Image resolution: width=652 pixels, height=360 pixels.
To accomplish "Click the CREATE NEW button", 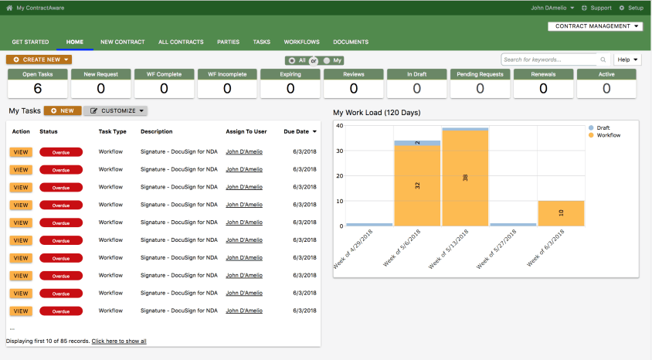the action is point(39,59).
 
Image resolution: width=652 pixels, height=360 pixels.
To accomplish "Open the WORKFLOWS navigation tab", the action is point(301,42).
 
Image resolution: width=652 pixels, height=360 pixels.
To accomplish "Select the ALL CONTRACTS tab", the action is point(181,42).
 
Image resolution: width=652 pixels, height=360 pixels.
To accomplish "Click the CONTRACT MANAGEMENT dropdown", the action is point(595,26).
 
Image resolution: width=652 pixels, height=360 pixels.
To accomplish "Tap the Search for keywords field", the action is point(550,59).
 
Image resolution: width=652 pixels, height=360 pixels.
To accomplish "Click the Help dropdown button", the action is point(627,59).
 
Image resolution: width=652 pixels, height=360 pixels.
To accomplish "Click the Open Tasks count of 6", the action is point(38,88).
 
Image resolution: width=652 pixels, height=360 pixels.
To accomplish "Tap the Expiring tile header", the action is point(290,74).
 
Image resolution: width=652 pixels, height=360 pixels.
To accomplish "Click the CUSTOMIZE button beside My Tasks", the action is point(116,110).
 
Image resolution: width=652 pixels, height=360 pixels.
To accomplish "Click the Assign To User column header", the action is point(246,131).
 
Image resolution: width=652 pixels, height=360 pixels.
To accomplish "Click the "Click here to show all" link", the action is point(119,341).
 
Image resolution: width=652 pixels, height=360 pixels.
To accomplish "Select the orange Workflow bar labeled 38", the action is point(465,178).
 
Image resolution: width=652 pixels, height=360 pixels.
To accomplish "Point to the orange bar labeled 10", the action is point(561,214).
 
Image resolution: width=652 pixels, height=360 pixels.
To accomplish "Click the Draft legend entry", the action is point(599,127).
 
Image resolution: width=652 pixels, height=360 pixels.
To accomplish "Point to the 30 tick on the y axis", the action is point(340,151).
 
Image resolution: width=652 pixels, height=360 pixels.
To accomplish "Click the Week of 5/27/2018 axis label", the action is point(496,249).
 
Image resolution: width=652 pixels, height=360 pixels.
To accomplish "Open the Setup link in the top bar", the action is point(631,8).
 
